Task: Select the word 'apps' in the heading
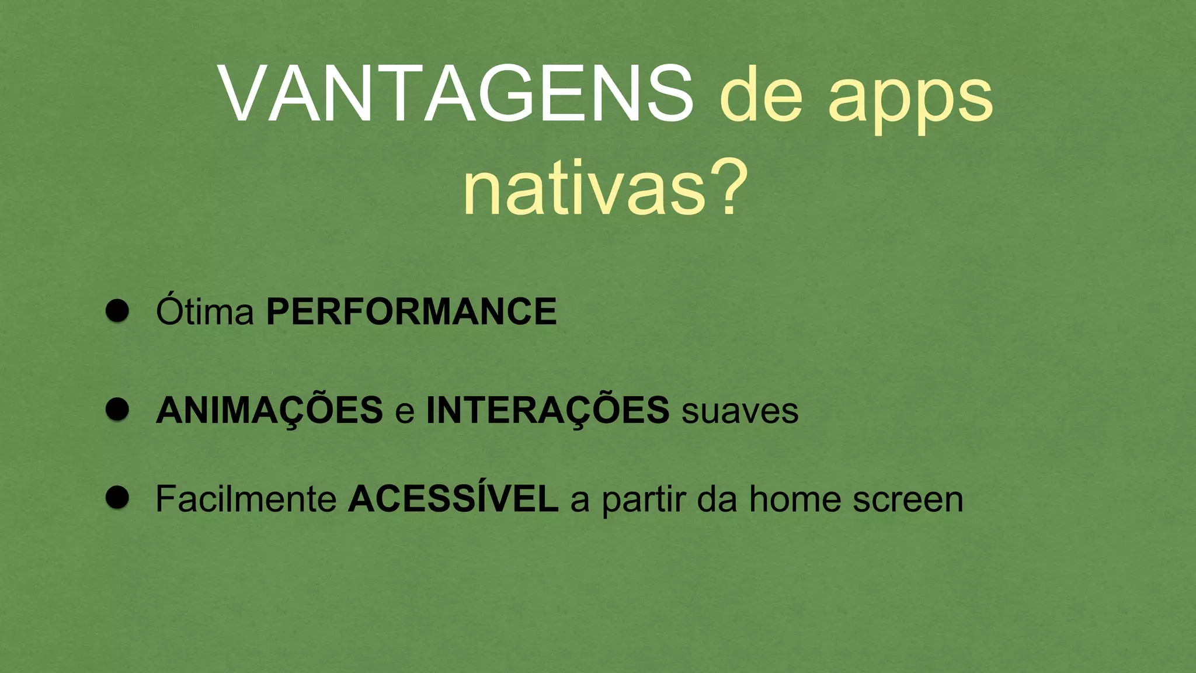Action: tap(910, 99)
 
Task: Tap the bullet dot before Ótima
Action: tap(117, 311)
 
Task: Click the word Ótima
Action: tap(204, 311)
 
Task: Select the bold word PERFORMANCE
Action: tap(411, 311)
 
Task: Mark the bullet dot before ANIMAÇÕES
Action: tap(117, 410)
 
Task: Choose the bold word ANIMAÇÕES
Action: tap(269, 410)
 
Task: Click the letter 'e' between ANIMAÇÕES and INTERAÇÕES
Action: tap(405, 412)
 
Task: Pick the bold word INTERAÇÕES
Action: tap(548, 410)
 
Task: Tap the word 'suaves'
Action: tap(740, 412)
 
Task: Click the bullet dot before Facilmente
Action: tap(117, 498)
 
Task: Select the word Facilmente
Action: tap(246, 499)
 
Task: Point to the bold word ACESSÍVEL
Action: tap(453, 499)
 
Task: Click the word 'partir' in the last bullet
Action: tap(644, 501)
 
